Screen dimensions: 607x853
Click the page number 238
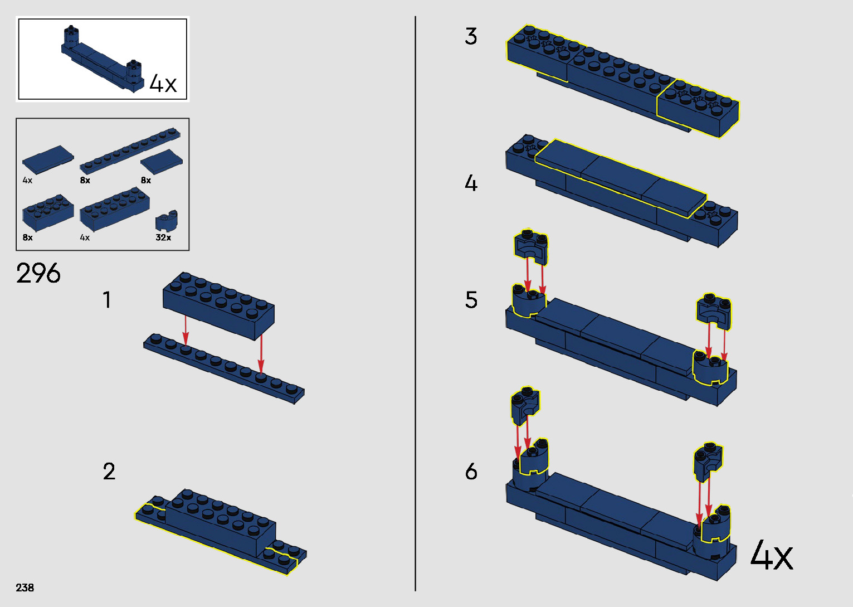click(x=25, y=587)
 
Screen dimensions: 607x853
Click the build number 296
click(x=38, y=274)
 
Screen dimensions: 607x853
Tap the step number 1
click(x=107, y=300)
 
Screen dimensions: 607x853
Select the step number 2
click(x=109, y=472)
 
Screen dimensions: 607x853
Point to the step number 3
click(x=471, y=37)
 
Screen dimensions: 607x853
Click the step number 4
click(x=471, y=183)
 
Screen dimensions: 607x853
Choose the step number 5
click(x=471, y=300)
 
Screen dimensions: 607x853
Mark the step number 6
click(x=471, y=472)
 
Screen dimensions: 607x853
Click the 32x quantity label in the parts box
click(x=163, y=237)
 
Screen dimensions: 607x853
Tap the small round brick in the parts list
click(x=166, y=221)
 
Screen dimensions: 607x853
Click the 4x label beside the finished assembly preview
click(x=163, y=84)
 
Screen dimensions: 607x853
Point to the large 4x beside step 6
click(x=772, y=556)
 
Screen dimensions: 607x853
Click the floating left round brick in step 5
click(x=530, y=246)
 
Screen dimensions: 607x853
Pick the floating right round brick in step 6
click(x=708, y=460)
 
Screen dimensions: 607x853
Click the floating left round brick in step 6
click(x=525, y=403)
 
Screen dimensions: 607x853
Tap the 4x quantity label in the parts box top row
click(x=27, y=181)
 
